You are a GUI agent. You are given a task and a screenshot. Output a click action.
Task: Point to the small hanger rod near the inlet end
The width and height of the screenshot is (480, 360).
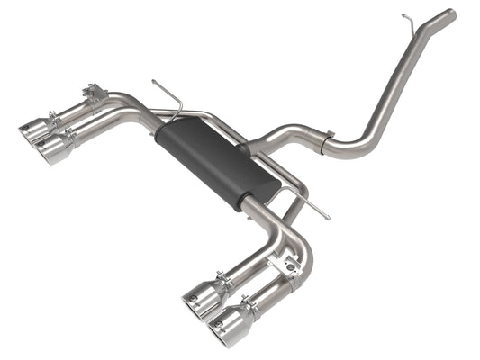coord(408,19)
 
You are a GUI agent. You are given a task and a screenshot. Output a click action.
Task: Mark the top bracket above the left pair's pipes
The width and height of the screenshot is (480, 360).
coord(93,91)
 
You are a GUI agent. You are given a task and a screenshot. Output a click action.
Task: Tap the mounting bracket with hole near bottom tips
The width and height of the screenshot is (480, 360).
coord(291,264)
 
